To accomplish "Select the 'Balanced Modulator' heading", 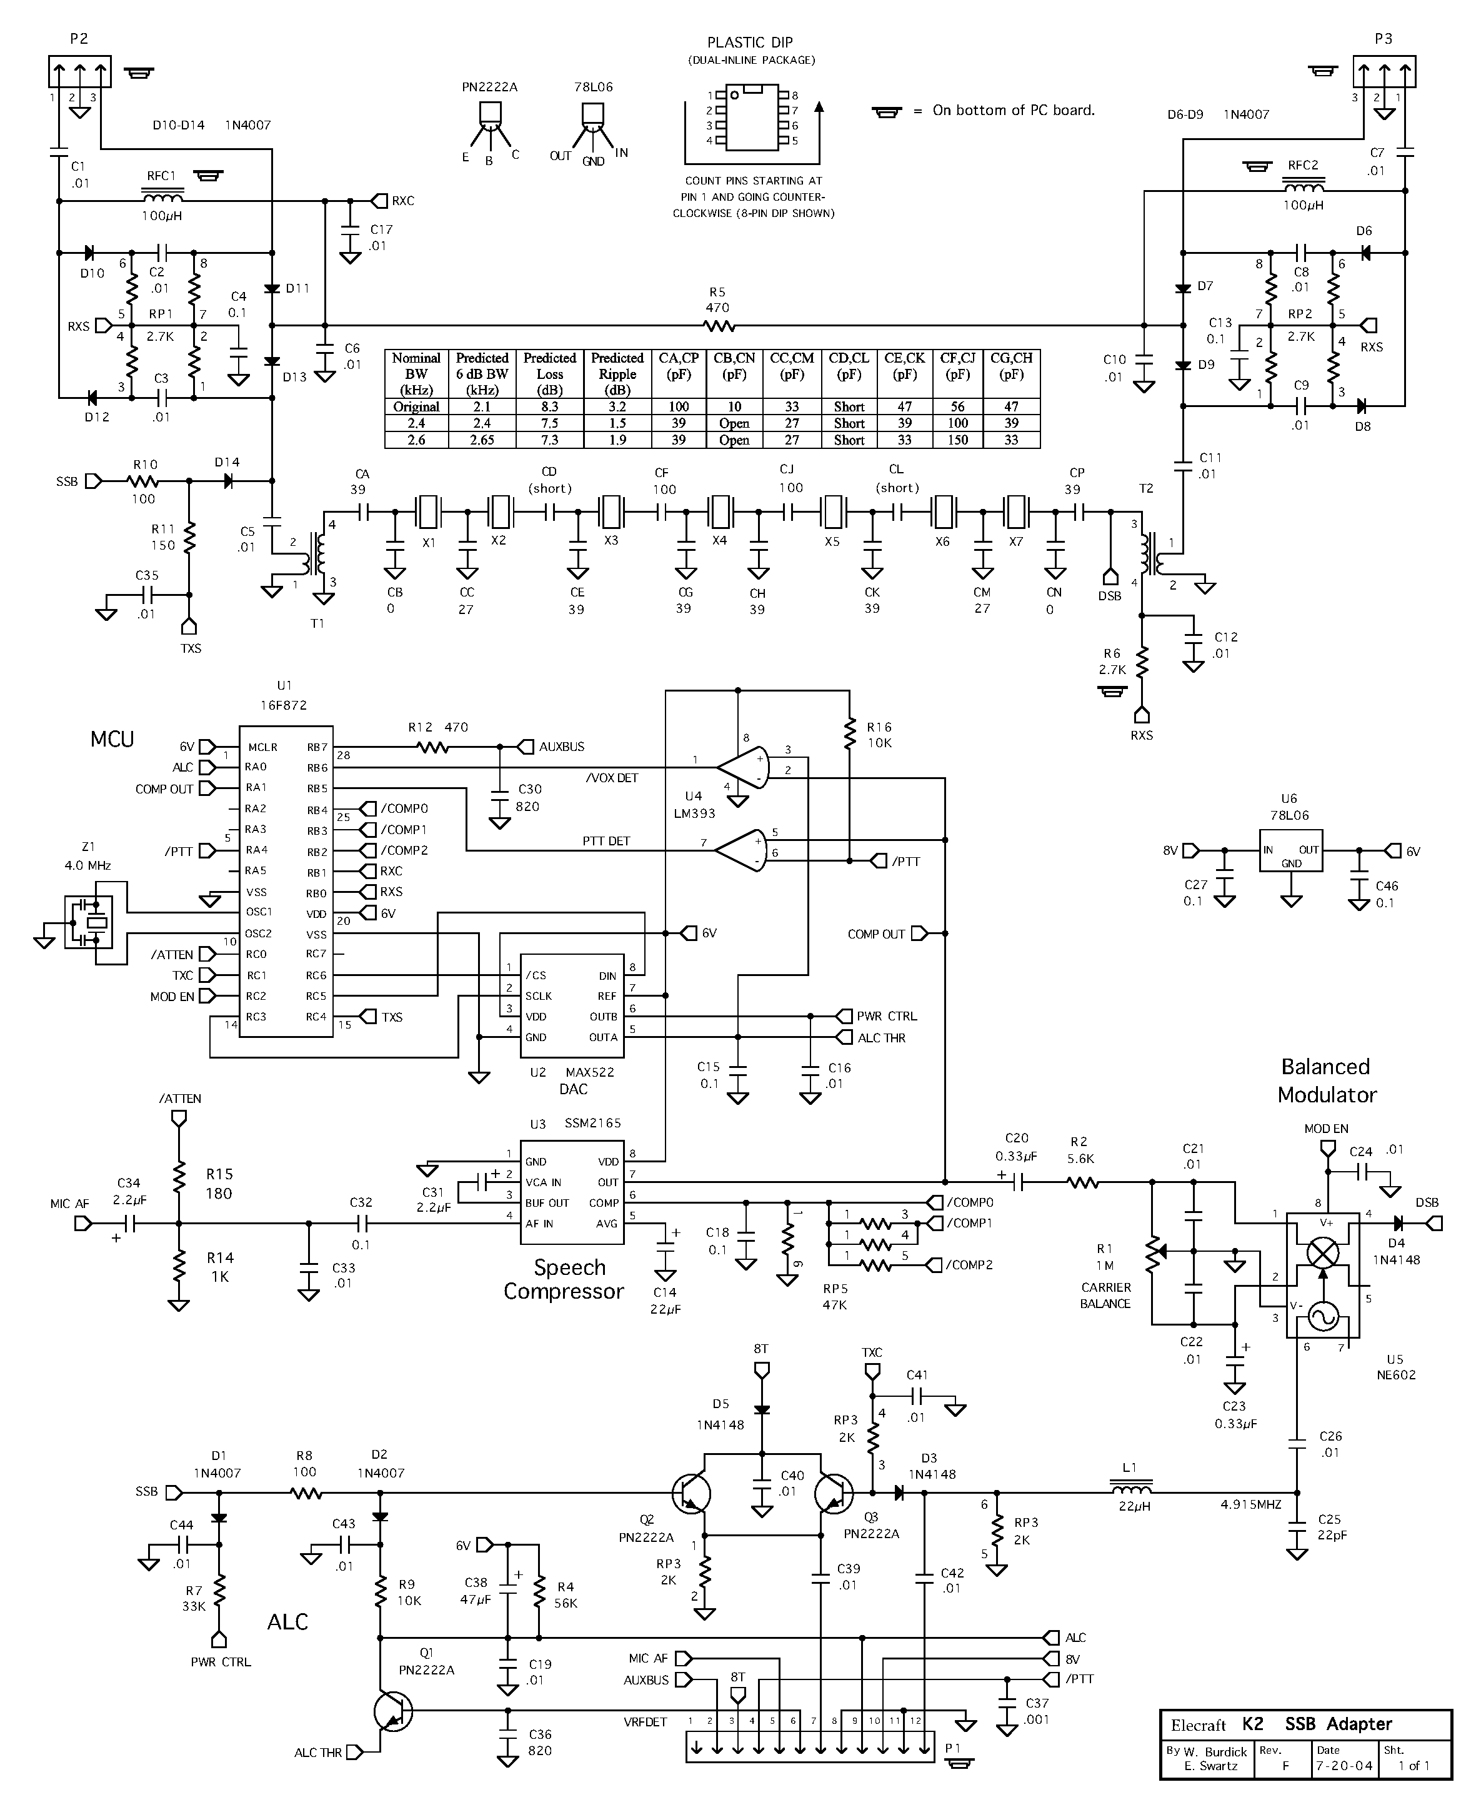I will click(1326, 1080).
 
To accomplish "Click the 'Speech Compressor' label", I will click(564, 1279).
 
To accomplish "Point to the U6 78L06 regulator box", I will click(1290, 850).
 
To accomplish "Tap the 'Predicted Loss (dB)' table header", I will click(549, 373).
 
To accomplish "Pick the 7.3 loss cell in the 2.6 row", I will click(549, 440).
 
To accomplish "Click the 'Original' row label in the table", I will click(416, 407).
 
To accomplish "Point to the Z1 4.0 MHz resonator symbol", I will click(89, 922).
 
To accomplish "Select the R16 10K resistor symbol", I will click(849, 735).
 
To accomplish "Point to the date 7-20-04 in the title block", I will click(1337, 1766).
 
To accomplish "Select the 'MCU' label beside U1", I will click(112, 739).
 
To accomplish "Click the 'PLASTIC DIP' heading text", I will click(750, 43).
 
